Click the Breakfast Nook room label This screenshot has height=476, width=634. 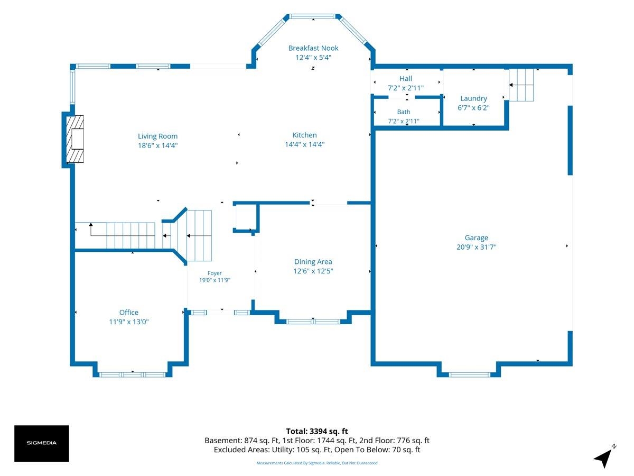pyautogui.click(x=313, y=48)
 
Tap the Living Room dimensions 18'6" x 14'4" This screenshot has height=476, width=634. pyautogui.click(x=157, y=145)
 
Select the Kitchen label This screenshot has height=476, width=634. pyautogui.click(x=304, y=135)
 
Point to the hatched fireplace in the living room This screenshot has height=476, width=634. pyautogui.click(x=75, y=139)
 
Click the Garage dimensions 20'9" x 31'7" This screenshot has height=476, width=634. pyautogui.click(x=477, y=247)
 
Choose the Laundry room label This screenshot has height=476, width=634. pyautogui.click(x=473, y=98)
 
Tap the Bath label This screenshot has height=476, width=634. pyautogui.click(x=404, y=112)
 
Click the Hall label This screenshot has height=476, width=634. pyautogui.click(x=406, y=78)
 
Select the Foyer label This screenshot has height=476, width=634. pyautogui.click(x=215, y=273)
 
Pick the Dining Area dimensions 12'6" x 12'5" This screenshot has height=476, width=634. pyautogui.click(x=313, y=271)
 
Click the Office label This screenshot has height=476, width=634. pyautogui.click(x=128, y=313)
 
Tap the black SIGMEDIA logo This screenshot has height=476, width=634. pyautogui.click(x=42, y=443)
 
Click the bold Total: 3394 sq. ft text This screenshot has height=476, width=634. pyautogui.click(x=317, y=431)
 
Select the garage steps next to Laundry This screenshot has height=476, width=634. pyautogui.click(x=521, y=85)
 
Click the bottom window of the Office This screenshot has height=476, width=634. pyautogui.click(x=132, y=374)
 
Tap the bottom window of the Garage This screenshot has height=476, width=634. pyautogui.click(x=469, y=374)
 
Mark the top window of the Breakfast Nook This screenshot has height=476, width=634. pyautogui.click(x=313, y=16)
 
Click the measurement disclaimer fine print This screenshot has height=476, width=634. pyautogui.click(x=317, y=463)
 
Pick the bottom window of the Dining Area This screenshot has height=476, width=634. pyautogui.click(x=313, y=322)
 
